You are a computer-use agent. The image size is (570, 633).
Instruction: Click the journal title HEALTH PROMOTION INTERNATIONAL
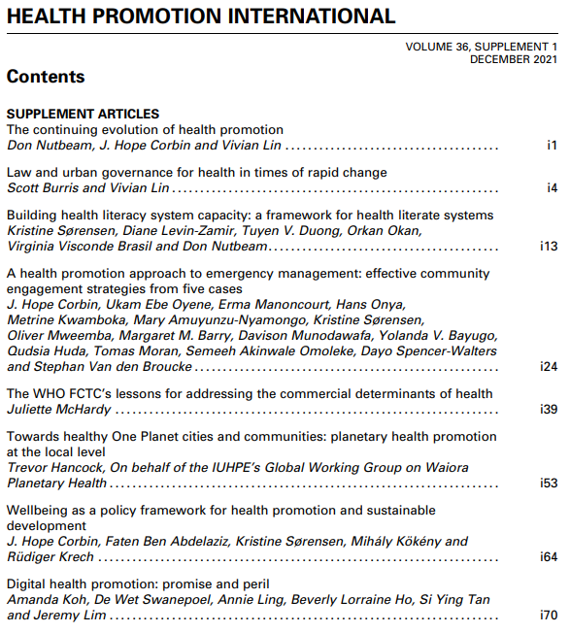point(201,17)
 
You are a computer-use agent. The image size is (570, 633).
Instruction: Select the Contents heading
point(46,77)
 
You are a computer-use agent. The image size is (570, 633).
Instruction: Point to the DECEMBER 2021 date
point(514,59)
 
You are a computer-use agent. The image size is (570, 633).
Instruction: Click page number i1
point(552,146)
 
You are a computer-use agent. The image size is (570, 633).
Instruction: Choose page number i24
point(549,367)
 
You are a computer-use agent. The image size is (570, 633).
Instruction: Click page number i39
point(549,410)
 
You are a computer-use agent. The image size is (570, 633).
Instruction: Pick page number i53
point(549,483)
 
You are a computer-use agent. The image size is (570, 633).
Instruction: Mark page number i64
point(549,557)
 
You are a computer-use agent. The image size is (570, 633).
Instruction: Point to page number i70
point(549,616)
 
